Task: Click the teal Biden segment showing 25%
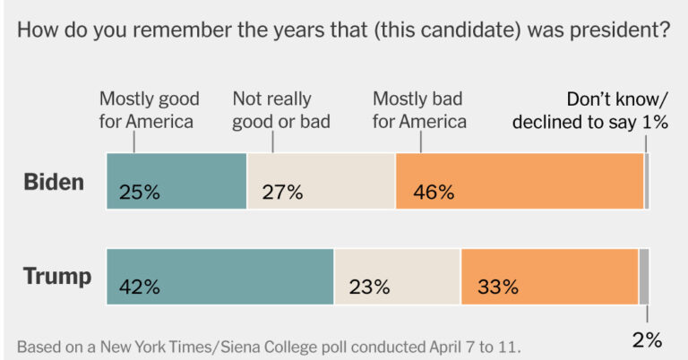point(176,181)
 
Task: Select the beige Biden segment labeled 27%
point(321,181)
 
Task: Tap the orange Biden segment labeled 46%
point(519,181)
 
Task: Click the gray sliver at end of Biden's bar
point(647,181)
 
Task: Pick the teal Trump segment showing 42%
point(220,277)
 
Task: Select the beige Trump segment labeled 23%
point(397,277)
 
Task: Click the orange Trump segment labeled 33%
point(549,277)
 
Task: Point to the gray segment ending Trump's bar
point(644,277)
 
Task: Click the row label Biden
point(54,183)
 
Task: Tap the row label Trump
point(56,277)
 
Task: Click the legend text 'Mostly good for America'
point(149,109)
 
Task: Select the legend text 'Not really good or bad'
point(281,109)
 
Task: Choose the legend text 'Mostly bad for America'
point(419,109)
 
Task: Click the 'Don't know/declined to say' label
point(590,110)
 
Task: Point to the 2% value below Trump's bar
point(646,339)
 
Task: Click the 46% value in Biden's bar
point(434,192)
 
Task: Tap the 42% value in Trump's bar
point(139,287)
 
